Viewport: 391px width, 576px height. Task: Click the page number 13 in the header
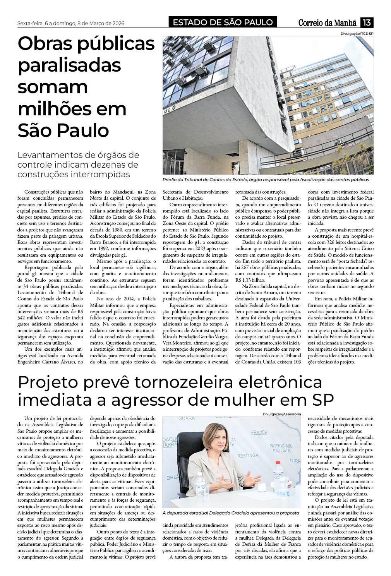pyautogui.click(x=366, y=23)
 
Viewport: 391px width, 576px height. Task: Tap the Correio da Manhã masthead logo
pyautogui.click(x=329, y=23)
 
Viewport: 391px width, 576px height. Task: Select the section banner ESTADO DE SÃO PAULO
pyautogui.click(x=223, y=22)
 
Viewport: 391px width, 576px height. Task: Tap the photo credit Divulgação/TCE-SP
pyautogui.click(x=357, y=34)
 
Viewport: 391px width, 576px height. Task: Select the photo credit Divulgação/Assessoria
pyautogui.click(x=281, y=414)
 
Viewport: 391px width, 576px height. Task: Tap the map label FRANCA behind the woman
pyautogui.click(x=259, y=432)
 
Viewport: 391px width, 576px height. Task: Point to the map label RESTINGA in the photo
pyautogui.click(x=247, y=456)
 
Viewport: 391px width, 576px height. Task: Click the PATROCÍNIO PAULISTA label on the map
pyautogui.click(x=281, y=448)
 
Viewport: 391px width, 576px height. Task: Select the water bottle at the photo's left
pyautogui.click(x=200, y=483)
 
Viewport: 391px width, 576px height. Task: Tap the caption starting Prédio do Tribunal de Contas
pyautogui.click(x=266, y=180)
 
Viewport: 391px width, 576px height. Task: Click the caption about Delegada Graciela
pyautogui.click(x=231, y=513)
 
